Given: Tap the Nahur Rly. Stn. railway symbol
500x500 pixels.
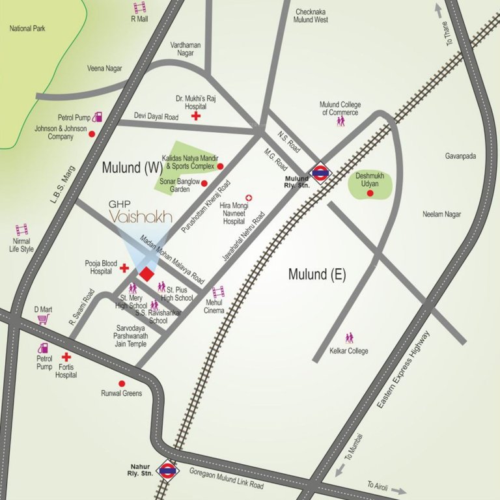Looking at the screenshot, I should click(168, 469).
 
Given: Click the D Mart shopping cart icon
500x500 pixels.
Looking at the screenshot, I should click(44, 320).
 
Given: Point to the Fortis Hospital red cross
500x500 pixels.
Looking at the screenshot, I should click(66, 357).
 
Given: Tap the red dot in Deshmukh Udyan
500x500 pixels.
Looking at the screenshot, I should click(370, 193).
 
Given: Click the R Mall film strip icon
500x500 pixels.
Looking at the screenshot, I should click(139, 8).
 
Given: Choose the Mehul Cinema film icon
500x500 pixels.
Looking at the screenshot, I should click(218, 292).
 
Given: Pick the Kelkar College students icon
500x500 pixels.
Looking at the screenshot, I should click(350, 338).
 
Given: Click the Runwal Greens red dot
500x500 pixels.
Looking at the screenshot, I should click(103, 383).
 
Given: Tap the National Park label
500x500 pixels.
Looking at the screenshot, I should click(27, 29).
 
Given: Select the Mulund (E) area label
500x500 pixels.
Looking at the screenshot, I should click(316, 275).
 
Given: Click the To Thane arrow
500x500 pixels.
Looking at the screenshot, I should click(438, 11).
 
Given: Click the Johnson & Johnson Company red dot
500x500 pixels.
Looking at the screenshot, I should click(92, 134).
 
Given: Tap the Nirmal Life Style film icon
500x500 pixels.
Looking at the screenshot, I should click(22, 229).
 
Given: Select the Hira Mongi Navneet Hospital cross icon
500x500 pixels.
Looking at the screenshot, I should click(248, 197).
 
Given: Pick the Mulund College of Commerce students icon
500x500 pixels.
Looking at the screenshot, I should click(340, 122).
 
